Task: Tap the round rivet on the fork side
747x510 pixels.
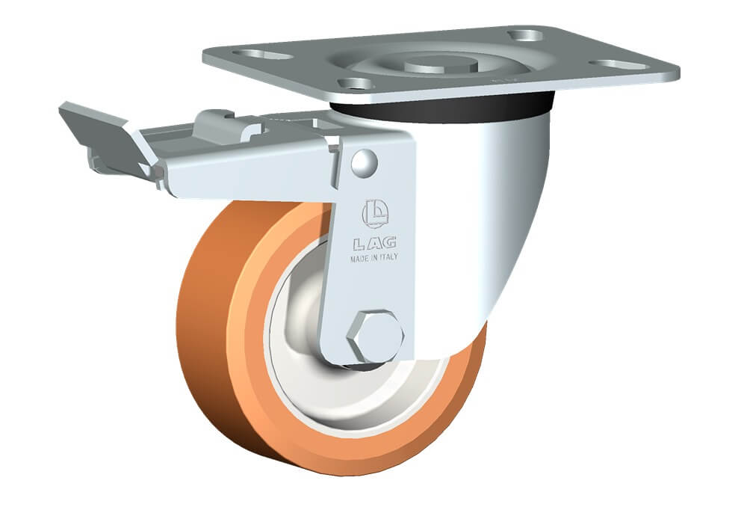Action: pyautogui.click(x=365, y=162)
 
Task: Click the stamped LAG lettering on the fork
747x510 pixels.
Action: pyautogui.click(x=375, y=243)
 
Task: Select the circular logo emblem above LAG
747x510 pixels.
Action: pyautogui.click(x=376, y=213)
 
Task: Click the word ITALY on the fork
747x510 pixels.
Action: pyautogui.click(x=388, y=256)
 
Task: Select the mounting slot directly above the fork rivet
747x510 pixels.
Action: pyautogui.click(x=355, y=84)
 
